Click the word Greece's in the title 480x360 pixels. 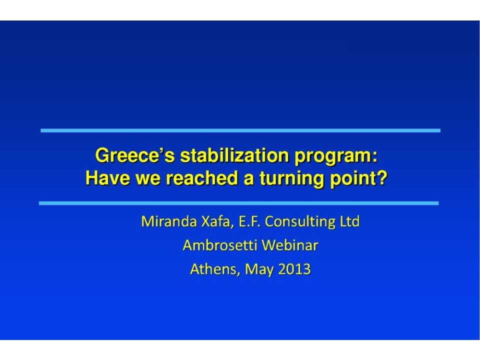[x=135, y=155]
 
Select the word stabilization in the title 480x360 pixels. [x=234, y=155]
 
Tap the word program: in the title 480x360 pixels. [x=336, y=156]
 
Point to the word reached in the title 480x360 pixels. [x=202, y=178]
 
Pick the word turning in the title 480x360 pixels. [x=291, y=179]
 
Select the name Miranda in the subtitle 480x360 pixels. [x=168, y=221]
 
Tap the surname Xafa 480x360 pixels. [x=215, y=221]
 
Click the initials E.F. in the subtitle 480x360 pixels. [x=249, y=221]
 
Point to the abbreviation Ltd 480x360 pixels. [x=349, y=221]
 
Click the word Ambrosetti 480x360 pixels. [x=220, y=245]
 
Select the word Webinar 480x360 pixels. [x=290, y=245]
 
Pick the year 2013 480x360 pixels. [x=294, y=269]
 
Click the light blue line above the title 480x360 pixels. [x=240, y=130]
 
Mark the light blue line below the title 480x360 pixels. [x=239, y=203]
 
